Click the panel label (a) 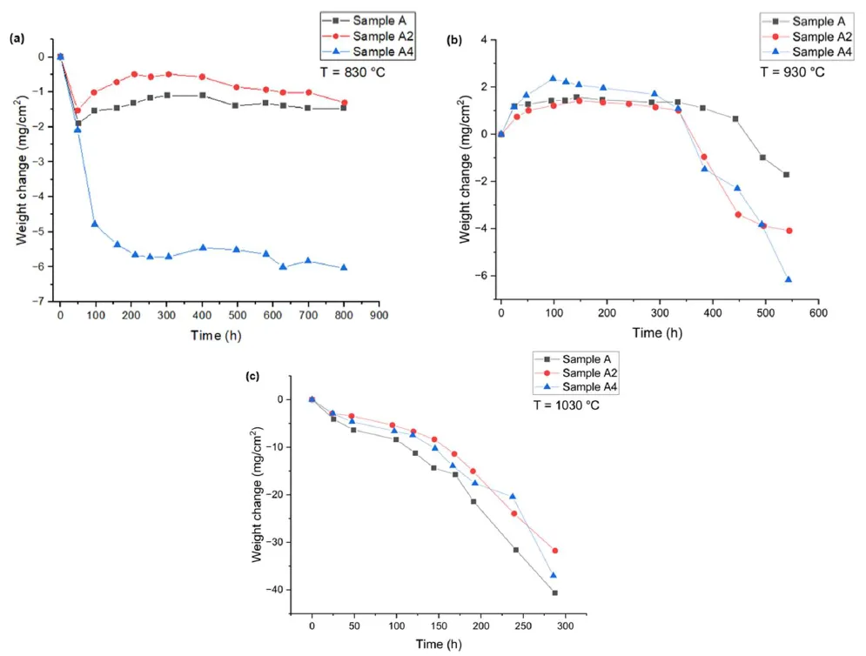pos(16,39)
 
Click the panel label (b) pos(453,40)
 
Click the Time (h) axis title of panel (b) pos(658,333)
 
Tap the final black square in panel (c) pos(554,592)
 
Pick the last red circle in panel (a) pos(344,103)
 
